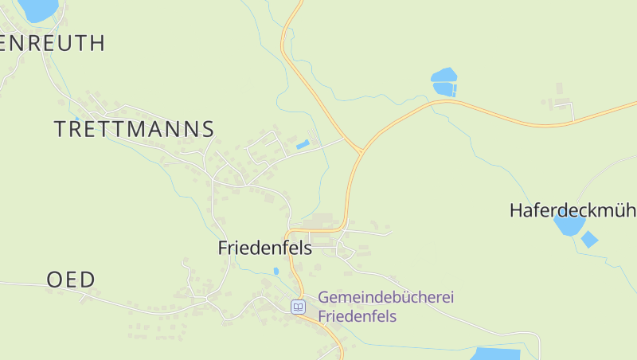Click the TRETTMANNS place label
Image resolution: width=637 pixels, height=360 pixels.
pos(134,129)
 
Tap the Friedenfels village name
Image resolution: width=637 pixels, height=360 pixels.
pos(264,248)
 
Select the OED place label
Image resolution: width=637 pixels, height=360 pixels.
pos(71,280)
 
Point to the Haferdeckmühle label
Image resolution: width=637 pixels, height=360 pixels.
pos(573,210)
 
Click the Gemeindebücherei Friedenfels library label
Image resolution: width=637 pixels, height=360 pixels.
pos(385,307)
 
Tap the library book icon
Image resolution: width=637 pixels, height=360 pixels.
pos(298,307)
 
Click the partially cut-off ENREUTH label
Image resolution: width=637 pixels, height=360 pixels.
pos(53,43)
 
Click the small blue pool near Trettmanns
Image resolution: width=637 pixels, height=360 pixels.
pos(303,144)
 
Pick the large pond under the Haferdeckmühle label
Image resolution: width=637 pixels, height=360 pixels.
pos(569,225)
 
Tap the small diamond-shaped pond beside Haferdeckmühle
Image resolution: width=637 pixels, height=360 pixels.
pos(589,239)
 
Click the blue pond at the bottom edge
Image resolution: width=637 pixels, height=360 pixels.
pos(495,354)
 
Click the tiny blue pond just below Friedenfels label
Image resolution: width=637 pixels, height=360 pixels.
pos(276,272)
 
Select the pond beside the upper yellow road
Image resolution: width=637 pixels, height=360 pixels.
pos(444,82)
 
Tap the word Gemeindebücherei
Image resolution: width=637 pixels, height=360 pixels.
pos(385,297)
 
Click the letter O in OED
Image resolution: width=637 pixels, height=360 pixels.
pos(55,280)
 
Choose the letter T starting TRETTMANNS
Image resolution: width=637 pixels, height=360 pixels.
pos(61,129)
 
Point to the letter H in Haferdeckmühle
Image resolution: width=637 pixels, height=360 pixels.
pos(516,210)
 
